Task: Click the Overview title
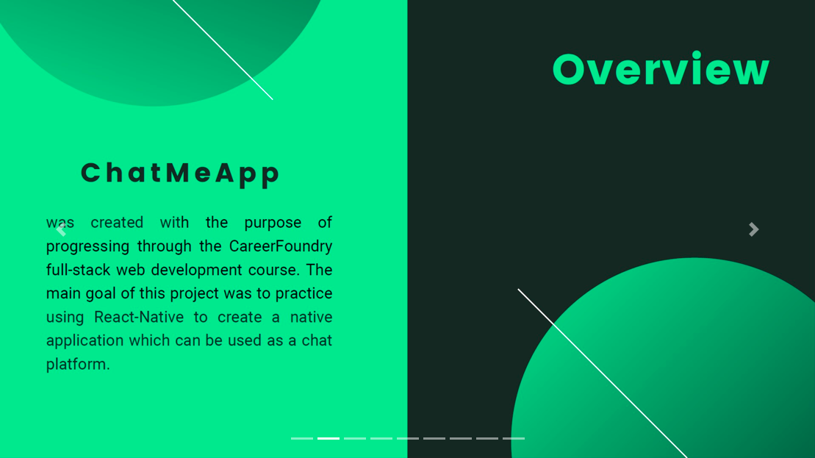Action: click(661, 68)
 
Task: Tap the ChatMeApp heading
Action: click(180, 173)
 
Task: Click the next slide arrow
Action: click(754, 229)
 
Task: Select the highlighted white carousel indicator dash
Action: click(328, 438)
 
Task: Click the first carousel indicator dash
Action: click(302, 438)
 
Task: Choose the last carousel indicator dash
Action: click(514, 438)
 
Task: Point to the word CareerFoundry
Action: click(281, 246)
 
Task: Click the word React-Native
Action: click(139, 317)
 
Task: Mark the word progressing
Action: click(88, 246)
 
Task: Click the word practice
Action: click(304, 294)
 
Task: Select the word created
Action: click(117, 223)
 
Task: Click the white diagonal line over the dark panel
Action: click(603, 373)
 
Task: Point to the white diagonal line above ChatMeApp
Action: click(223, 49)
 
